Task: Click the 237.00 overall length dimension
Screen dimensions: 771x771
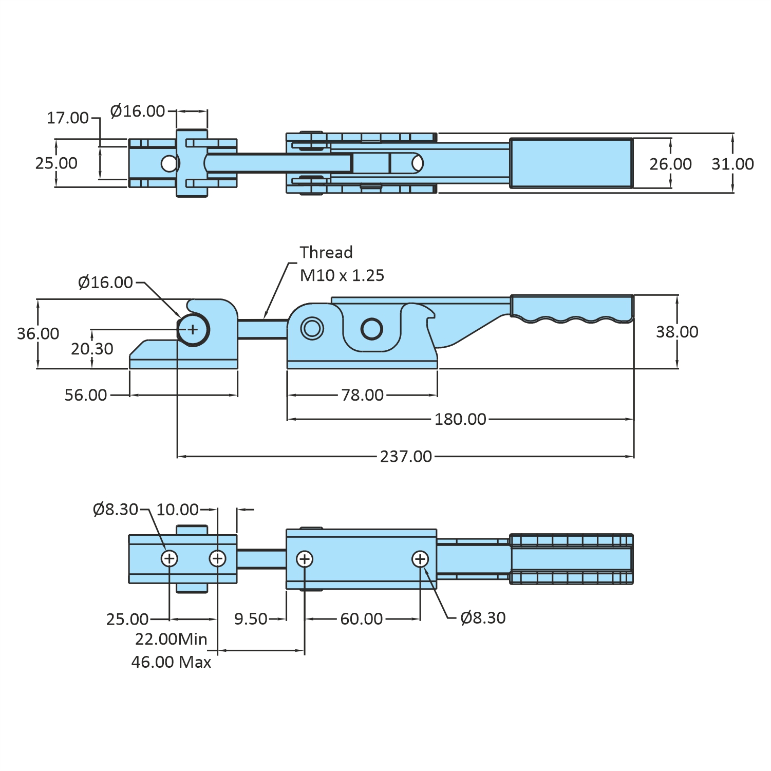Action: point(406,456)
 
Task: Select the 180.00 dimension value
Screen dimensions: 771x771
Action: point(460,419)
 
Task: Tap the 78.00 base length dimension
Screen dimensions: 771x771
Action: point(362,395)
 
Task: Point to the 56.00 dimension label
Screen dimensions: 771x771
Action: point(86,395)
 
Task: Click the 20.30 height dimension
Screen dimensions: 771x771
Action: point(92,349)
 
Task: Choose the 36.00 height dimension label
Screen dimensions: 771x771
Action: point(38,333)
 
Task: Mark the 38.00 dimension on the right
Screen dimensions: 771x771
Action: point(677,332)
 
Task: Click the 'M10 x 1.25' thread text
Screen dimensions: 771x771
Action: point(342,275)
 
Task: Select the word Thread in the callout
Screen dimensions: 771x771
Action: point(326,252)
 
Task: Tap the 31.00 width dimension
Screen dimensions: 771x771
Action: point(732,164)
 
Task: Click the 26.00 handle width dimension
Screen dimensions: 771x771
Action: point(670,164)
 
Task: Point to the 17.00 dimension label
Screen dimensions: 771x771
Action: point(68,118)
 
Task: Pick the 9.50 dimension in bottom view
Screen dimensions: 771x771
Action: point(251,618)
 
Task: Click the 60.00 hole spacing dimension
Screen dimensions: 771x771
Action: point(362,618)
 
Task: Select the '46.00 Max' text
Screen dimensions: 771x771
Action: point(171,662)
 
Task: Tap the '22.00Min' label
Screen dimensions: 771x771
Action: point(171,639)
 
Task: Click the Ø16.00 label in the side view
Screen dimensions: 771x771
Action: point(105,282)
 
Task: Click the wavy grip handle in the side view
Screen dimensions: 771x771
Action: point(572,308)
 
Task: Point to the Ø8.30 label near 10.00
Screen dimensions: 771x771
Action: point(116,509)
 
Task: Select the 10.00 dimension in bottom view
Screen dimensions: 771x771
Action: point(177,509)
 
